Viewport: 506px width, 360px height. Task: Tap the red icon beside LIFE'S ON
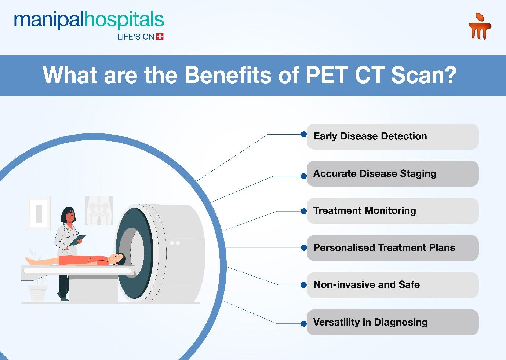tap(160, 36)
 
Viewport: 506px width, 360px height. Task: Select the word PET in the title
tap(327, 75)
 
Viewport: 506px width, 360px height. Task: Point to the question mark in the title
tap(451, 75)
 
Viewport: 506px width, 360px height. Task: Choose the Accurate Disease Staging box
tap(393, 173)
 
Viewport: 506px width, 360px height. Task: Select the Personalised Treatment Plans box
tap(393, 248)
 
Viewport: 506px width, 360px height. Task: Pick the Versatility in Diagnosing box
tap(393, 322)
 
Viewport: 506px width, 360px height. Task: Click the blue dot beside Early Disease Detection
tap(304, 134)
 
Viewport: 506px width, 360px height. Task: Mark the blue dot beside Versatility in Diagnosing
tap(304, 324)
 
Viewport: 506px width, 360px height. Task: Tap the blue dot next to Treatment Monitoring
tap(304, 211)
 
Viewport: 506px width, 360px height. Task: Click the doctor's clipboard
tap(77, 240)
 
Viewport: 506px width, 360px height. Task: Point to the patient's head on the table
tap(118, 259)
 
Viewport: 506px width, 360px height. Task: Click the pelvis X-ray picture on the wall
tap(99, 210)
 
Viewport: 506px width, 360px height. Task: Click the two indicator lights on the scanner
tap(175, 243)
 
